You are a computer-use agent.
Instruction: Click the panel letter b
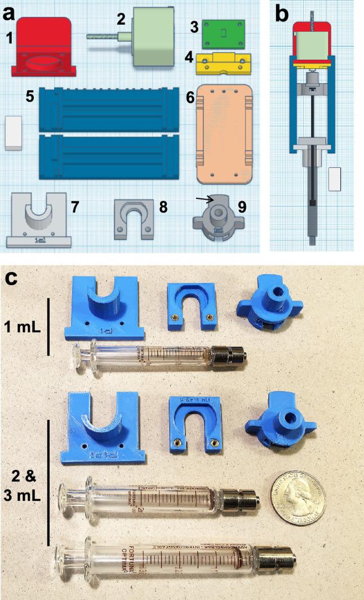click(282, 14)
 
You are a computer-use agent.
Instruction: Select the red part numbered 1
click(43, 47)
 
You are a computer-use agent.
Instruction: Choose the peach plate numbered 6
click(225, 135)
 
